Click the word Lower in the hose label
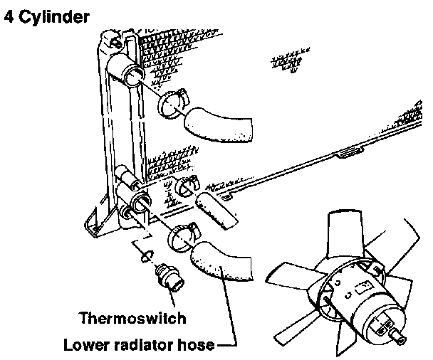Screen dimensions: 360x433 click(84, 346)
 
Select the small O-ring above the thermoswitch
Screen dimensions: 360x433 click(146, 255)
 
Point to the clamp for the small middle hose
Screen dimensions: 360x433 click(186, 186)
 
